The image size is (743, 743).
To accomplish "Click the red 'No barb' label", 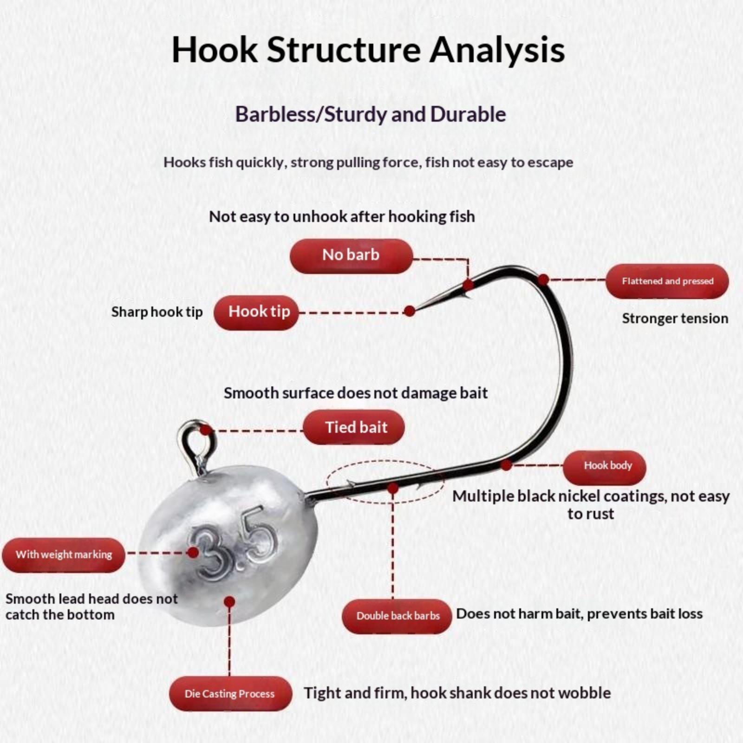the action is pos(351,256).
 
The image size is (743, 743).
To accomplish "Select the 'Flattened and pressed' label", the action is pos(667,281).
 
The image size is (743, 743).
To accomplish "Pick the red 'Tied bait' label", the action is pos(354,427).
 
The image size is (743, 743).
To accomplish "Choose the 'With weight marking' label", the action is pos(64,555).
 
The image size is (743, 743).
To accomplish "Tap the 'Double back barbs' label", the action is pos(397,616).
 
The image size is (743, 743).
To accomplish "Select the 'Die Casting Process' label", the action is pos(230,694).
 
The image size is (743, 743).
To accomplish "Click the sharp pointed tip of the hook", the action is pos(417,309).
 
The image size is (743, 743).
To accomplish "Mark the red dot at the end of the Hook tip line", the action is pos(410,311).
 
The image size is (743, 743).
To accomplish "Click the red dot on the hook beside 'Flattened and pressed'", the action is pos(543,280).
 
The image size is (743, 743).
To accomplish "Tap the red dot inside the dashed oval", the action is pos(393,488).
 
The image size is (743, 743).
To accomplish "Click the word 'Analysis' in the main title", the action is pos(497,50).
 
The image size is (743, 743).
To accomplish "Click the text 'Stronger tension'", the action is pos(675,319).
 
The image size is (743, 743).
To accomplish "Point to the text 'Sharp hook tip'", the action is pos(157,312).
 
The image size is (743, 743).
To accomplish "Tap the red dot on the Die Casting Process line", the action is pos(229,602).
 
